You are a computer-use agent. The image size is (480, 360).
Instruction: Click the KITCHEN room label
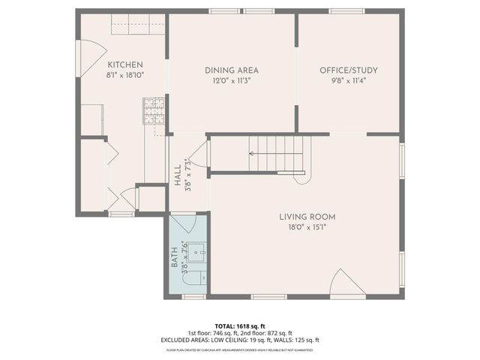[x=124, y=64]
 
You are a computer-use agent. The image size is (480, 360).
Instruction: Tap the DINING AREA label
[x=232, y=70]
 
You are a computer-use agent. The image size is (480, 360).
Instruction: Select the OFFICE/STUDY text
[x=349, y=70]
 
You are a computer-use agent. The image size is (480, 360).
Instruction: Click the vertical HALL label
[x=178, y=176]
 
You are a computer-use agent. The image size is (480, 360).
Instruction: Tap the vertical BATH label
[x=175, y=257]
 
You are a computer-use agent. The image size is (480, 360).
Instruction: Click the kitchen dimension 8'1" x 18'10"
[x=124, y=75]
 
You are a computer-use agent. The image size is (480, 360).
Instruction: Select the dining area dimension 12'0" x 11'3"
[x=232, y=80]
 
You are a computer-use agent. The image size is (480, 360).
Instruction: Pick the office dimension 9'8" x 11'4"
[x=349, y=80]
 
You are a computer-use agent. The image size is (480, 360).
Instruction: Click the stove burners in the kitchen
[x=154, y=111]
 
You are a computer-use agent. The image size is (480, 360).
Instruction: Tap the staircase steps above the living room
[x=277, y=154]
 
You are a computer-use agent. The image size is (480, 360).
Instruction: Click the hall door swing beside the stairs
[x=199, y=156]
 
